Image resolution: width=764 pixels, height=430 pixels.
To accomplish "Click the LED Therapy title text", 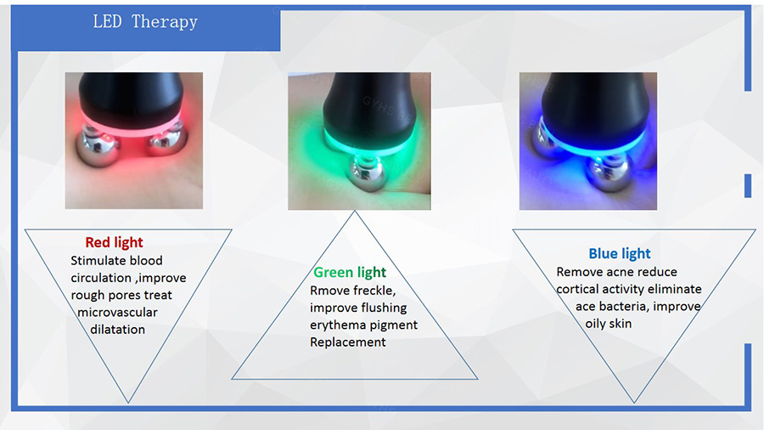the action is click(x=145, y=22).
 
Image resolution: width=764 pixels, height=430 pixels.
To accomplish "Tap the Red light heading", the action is click(x=114, y=242).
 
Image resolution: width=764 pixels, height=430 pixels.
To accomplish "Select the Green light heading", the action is click(x=350, y=272).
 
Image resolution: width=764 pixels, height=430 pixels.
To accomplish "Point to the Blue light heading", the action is click(x=620, y=253).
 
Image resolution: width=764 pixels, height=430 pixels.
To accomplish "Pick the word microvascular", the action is click(x=117, y=312).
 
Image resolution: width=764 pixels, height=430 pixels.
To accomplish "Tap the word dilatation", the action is click(x=117, y=330).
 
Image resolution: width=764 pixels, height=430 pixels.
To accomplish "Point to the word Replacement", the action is click(x=348, y=342).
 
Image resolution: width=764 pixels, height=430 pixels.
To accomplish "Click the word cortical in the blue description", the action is click(x=577, y=289).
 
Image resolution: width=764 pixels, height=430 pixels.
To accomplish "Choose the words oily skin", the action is click(x=608, y=324).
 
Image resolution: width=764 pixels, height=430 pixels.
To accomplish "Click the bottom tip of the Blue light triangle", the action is click(x=634, y=403).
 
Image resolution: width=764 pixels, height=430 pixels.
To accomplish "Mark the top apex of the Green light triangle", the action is click(x=355, y=211).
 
